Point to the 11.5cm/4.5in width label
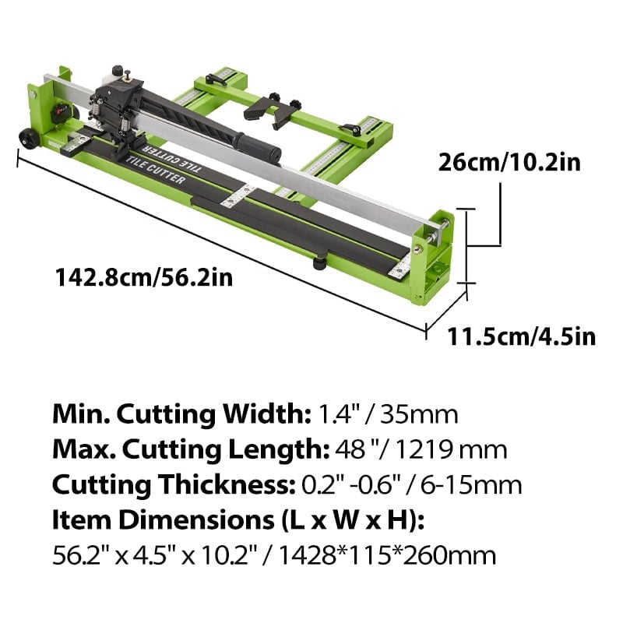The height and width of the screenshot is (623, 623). tap(521, 336)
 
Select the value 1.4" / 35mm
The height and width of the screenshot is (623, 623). tap(385, 413)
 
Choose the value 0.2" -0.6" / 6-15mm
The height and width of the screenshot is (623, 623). tap(411, 484)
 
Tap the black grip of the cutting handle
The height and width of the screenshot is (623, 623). tap(258, 147)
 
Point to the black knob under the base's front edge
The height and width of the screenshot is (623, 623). tap(319, 263)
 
